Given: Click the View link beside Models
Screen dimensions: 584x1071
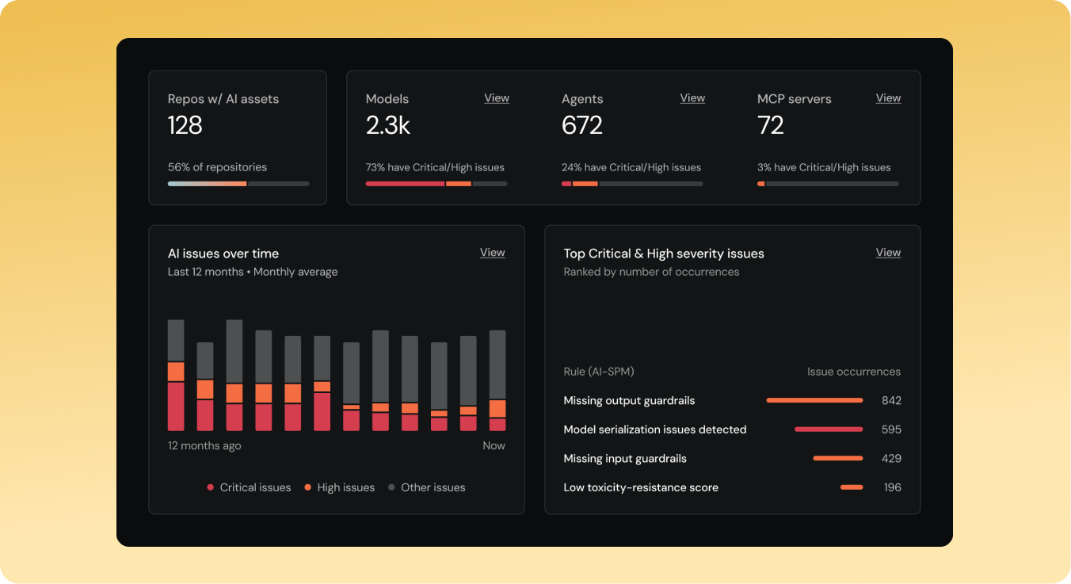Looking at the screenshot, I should coord(497,98).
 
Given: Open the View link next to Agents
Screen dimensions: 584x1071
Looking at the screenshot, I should coord(692,98).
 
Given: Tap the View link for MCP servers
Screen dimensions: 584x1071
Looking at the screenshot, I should coord(888,98).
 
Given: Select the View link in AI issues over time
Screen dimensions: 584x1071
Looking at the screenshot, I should coord(492,253).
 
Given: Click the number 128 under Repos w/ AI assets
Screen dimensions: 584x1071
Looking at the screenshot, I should coord(185,125).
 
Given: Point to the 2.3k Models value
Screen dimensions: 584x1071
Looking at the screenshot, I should coord(388,125).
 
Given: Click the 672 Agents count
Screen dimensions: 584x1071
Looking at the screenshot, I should coord(582,125).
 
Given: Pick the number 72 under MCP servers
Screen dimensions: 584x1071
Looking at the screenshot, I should coord(771,125).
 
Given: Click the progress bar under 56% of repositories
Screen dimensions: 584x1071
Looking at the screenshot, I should coord(238,184).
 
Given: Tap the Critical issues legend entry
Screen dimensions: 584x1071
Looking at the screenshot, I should coord(249,487).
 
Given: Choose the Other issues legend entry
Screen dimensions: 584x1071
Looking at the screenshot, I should coord(427,487).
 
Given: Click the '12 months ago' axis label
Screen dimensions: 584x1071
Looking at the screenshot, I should coord(204,445).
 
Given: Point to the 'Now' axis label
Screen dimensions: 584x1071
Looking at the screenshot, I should coord(494,445).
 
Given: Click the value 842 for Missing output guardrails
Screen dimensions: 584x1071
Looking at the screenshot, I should coord(891,400).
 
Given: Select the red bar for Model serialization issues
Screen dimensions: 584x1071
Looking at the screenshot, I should coord(829,429).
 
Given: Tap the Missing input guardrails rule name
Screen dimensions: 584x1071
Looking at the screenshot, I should coord(625,458).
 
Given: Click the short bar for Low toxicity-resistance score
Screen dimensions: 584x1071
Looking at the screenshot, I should coord(852,487).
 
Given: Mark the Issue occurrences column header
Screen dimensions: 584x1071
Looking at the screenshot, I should coord(853,372).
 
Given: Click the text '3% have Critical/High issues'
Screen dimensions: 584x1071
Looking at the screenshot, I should coord(824,167).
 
